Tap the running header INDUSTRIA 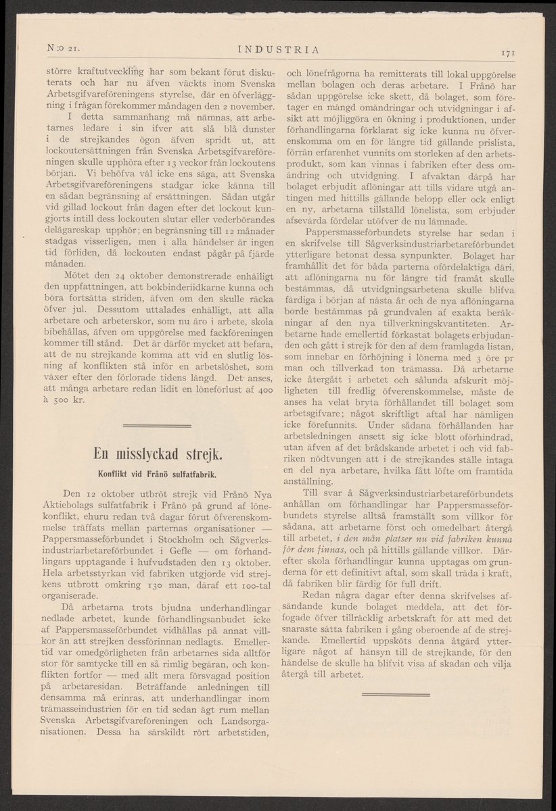279,48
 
